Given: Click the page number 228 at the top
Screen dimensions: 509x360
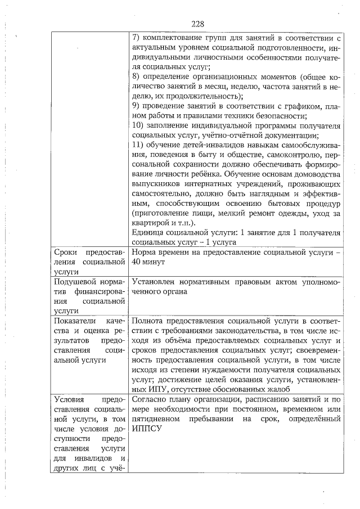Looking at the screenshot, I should click(x=197, y=24).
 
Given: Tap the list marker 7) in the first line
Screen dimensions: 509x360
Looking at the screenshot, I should click(x=136, y=38).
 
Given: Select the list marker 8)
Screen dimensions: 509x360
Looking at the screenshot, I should click(x=136, y=76).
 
